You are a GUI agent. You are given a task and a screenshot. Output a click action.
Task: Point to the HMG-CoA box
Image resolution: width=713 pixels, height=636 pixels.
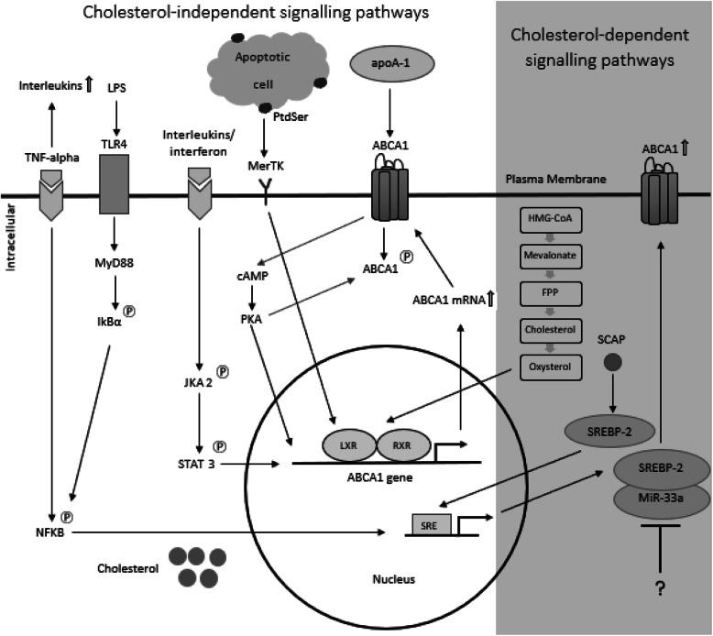546,217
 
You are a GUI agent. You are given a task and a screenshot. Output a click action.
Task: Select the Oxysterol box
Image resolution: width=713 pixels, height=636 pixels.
546,367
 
